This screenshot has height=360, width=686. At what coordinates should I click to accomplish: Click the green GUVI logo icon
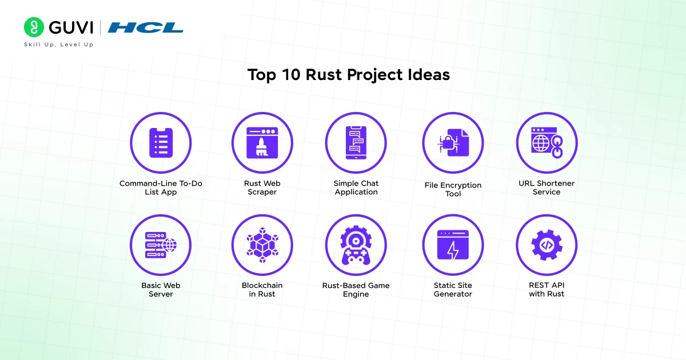[x=34, y=27]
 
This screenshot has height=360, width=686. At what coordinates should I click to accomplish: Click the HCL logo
[x=145, y=27]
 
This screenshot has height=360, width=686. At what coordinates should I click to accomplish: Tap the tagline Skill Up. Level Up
[x=58, y=45]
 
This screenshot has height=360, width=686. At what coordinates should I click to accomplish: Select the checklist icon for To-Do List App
[x=161, y=142]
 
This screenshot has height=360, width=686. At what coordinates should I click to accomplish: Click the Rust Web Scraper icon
[x=262, y=142]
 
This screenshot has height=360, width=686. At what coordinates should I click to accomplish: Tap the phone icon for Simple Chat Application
[x=356, y=142]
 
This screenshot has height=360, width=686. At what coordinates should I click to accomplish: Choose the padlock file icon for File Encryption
[x=453, y=142]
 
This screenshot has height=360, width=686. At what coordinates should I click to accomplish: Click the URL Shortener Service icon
[x=547, y=142]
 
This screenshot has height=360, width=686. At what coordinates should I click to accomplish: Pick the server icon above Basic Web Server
[x=161, y=245]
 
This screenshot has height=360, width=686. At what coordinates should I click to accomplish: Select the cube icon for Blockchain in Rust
[x=262, y=245]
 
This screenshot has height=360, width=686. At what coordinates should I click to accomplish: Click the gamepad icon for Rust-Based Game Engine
[x=356, y=245]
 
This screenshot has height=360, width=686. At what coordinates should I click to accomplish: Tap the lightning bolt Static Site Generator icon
[x=453, y=245]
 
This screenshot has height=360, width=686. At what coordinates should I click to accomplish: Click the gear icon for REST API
[x=547, y=245]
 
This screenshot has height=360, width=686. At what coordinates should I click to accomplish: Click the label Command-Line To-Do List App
[x=161, y=187]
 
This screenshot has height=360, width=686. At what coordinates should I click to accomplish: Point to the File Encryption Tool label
[x=453, y=189]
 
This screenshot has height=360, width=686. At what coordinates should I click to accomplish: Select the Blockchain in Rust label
[x=262, y=289]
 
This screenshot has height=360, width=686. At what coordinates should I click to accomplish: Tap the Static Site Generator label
[x=453, y=289]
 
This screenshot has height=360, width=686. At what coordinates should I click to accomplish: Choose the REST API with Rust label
[x=547, y=289]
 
